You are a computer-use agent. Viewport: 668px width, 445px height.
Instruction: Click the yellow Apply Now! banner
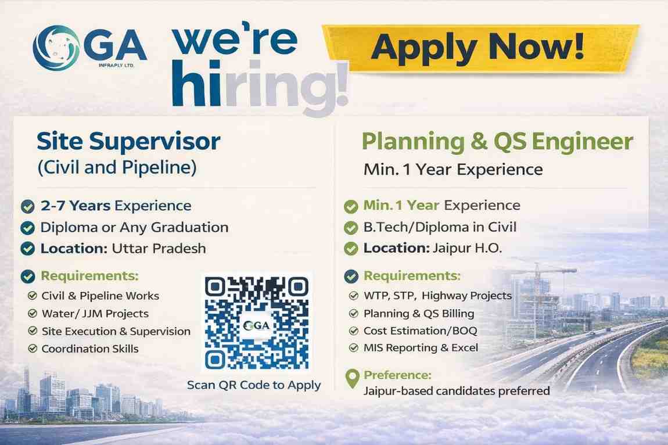click(x=479, y=48)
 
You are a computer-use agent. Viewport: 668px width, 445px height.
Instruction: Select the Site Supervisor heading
click(x=128, y=141)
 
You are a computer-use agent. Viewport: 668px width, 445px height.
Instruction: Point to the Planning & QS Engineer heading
click(x=497, y=141)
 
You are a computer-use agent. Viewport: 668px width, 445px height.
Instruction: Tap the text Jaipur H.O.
click(x=467, y=249)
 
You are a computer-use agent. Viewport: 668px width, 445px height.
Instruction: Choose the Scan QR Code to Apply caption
click(x=254, y=385)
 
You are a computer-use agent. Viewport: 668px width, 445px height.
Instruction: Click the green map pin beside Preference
click(x=351, y=379)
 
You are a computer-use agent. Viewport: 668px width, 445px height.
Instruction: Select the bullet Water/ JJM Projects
click(x=95, y=314)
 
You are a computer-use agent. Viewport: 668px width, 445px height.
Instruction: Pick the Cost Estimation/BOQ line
click(x=414, y=331)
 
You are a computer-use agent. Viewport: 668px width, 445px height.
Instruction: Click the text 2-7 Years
click(x=76, y=206)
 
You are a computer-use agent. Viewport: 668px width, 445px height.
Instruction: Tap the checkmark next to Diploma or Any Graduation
click(x=27, y=227)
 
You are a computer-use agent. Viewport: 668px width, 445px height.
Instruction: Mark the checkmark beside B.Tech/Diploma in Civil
click(x=350, y=228)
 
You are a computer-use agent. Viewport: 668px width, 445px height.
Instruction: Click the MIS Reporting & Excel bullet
click(x=421, y=348)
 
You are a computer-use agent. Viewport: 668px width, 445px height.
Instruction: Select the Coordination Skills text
click(x=90, y=349)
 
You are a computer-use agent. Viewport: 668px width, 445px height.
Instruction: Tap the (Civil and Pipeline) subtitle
click(x=117, y=168)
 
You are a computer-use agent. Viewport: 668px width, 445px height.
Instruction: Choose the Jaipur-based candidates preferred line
click(x=457, y=391)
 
